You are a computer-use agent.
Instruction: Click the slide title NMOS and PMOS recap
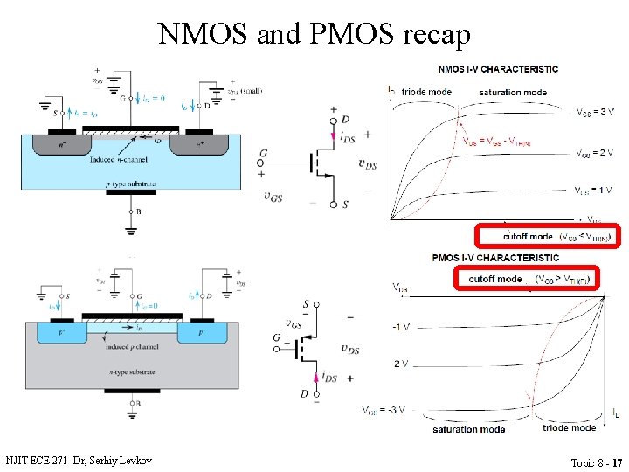tap(314, 33)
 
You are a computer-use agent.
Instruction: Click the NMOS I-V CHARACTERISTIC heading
tap(497, 69)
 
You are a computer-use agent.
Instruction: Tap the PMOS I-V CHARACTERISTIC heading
tap(495, 258)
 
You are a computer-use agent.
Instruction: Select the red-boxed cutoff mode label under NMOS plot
tap(546, 236)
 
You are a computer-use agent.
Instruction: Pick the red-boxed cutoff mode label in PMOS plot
tap(526, 279)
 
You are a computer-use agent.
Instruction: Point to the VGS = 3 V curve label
tap(595, 112)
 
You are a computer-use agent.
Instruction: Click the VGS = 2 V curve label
tap(595, 153)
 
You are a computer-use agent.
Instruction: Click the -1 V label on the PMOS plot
tap(401, 327)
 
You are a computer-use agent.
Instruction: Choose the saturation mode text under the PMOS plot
tap(467, 429)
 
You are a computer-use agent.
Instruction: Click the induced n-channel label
tap(120, 160)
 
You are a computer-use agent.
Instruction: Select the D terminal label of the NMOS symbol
tap(346, 118)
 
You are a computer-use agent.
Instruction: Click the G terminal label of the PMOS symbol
tap(276, 338)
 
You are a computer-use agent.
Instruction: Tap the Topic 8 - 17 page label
tap(596, 462)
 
